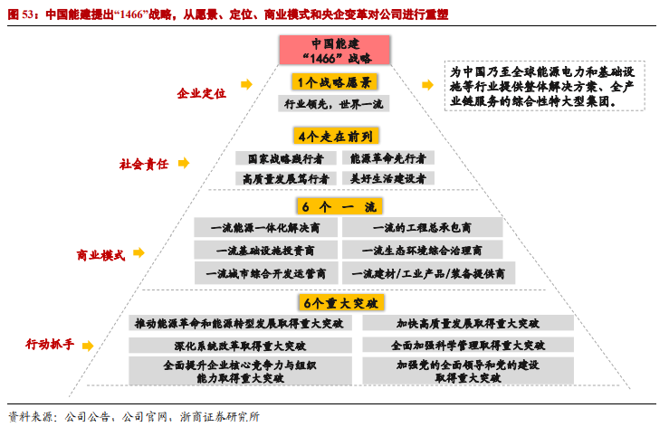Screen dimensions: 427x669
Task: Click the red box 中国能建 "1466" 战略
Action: pyautogui.click(x=334, y=51)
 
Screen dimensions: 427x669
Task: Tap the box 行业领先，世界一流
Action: pyautogui.click(x=334, y=104)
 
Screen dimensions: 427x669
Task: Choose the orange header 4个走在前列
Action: pyautogui.click(x=334, y=137)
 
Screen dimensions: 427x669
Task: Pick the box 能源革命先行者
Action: pyautogui.click(x=387, y=157)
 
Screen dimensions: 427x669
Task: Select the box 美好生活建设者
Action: pyautogui.click(x=387, y=178)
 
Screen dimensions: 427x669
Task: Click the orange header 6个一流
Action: pyautogui.click(x=334, y=207)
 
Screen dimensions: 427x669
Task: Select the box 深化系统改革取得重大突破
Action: pyautogui.click(x=240, y=346)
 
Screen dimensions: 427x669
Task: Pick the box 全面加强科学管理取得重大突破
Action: pyautogui.click(x=468, y=346)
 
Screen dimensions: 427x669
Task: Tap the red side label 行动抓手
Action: pyautogui.click(x=51, y=345)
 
